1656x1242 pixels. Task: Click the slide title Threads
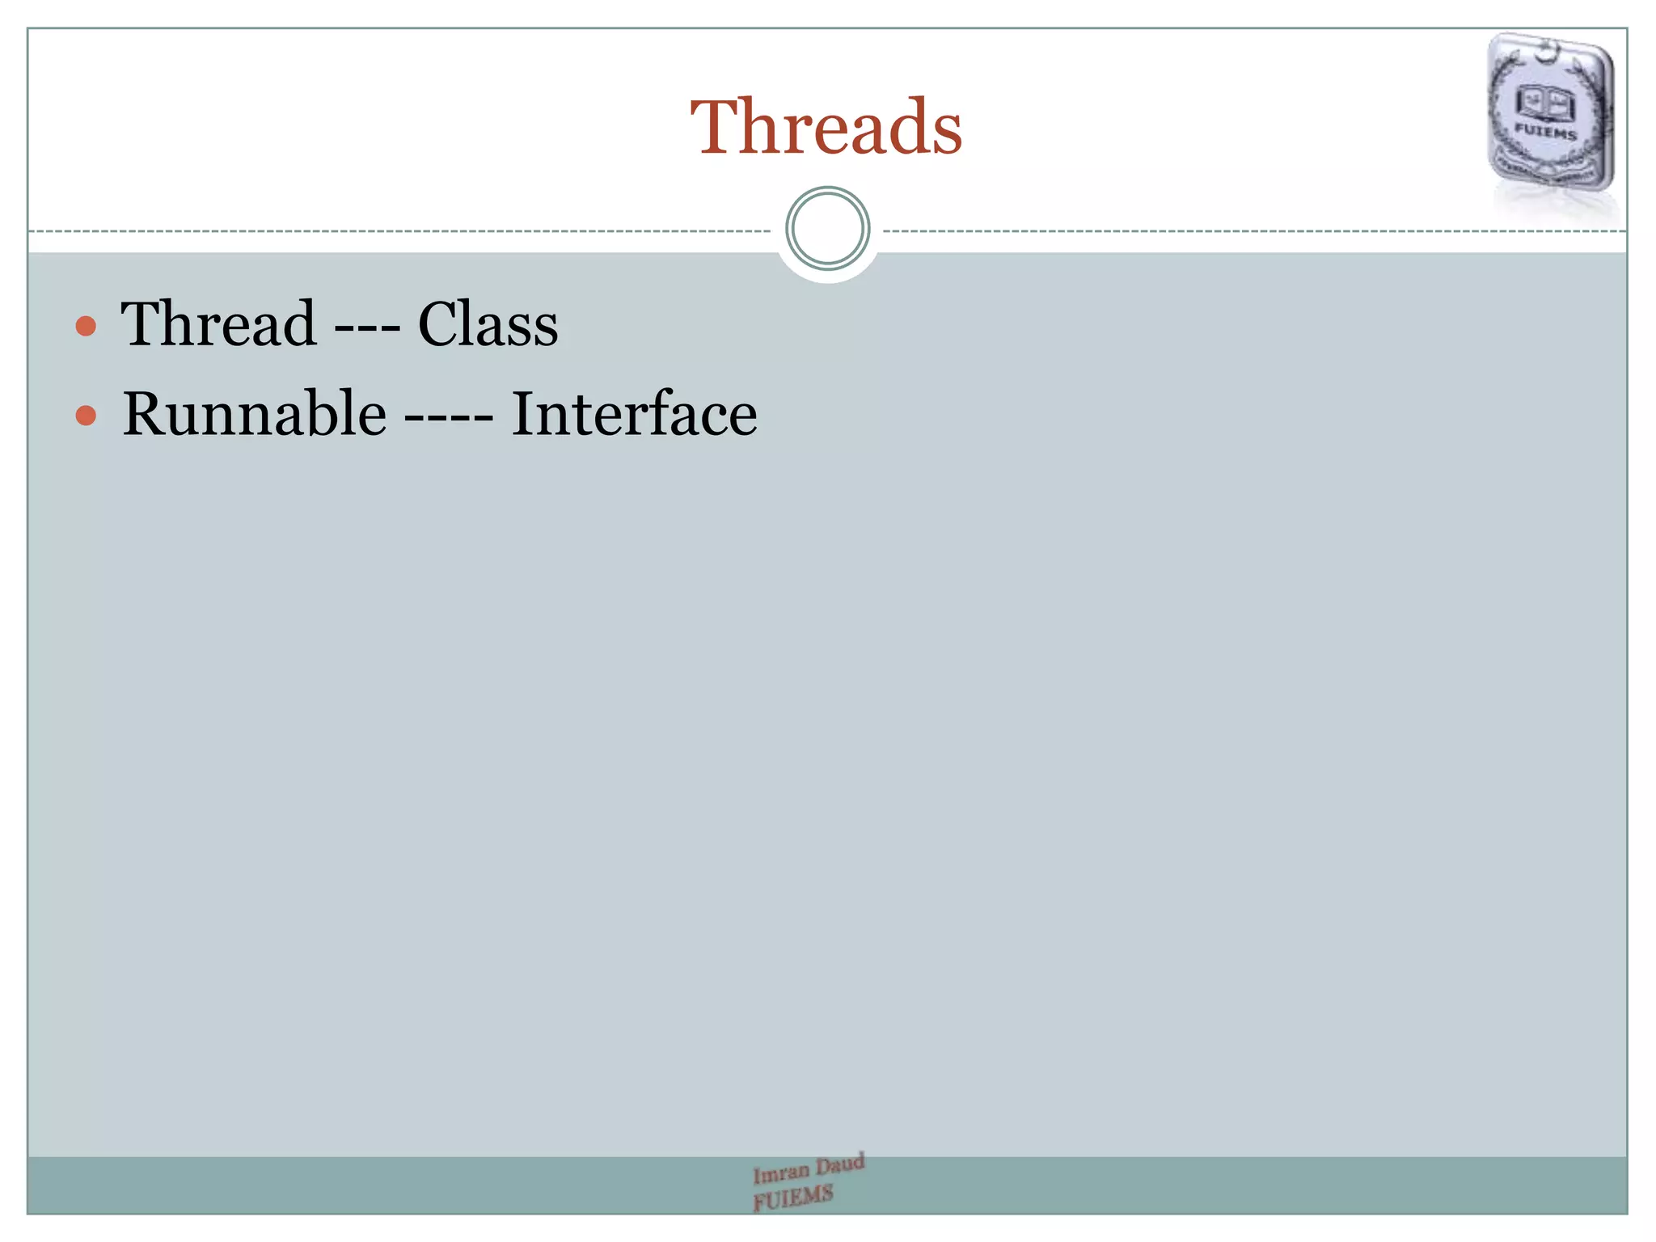(826, 127)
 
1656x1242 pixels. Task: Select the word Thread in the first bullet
(218, 323)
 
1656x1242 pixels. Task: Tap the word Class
(488, 324)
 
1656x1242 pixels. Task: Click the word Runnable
(254, 413)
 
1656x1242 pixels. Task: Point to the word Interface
(634, 413)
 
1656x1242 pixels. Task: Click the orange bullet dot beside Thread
(86, 327)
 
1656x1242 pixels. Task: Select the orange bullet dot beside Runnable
(86, 416)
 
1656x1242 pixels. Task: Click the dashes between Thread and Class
(366, 328)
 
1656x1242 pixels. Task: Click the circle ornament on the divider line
(827, 229)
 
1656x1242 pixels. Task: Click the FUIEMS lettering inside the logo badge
(1545, 131)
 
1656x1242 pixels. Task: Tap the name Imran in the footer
(780, 1172)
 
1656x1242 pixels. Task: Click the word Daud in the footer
(840, 1164)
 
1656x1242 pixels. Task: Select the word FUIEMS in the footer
(792, 1198)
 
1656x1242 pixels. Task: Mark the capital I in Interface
(524, 413)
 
